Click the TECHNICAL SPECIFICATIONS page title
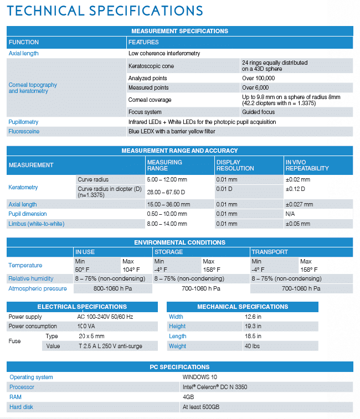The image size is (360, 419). click(105, 11)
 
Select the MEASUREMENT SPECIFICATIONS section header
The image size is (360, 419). click(179, 31)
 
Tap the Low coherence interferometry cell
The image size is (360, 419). click(164, 54)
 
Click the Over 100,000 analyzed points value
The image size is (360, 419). click(259, 79)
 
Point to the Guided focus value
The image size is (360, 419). click(259, 112)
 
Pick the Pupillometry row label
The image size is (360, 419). click(23, 122)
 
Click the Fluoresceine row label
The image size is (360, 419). click(24, 132)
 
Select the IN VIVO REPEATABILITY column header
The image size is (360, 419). click(307, 165)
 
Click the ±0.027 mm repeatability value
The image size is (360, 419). click(299, 204)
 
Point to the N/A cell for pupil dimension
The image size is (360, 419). click(290, 214)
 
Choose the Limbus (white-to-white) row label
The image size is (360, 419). click(36, 224)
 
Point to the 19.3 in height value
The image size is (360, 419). click(254, 327)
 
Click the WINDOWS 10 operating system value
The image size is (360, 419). click(200, 377)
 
